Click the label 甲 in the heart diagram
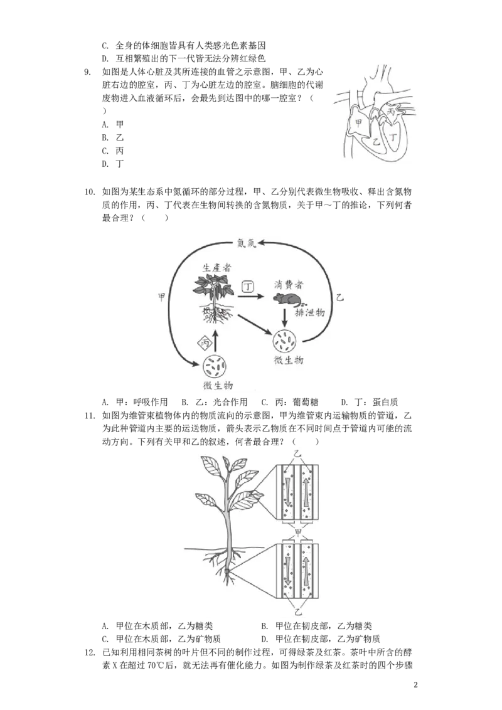(x=358, y=123)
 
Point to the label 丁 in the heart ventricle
(x=393, y=135)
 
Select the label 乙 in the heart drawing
(x=376, y=142)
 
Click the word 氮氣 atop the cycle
(x=247, y=243)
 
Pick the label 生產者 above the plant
(x=216, y=267)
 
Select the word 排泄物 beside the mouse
(x=310, y=312)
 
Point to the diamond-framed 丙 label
(x=204, y=342)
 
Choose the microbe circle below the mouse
(x=286, y=341)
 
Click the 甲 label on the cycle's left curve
(x=161, y=297)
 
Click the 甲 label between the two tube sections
(x=299, y=532)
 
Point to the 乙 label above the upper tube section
(x=299, y=453)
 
